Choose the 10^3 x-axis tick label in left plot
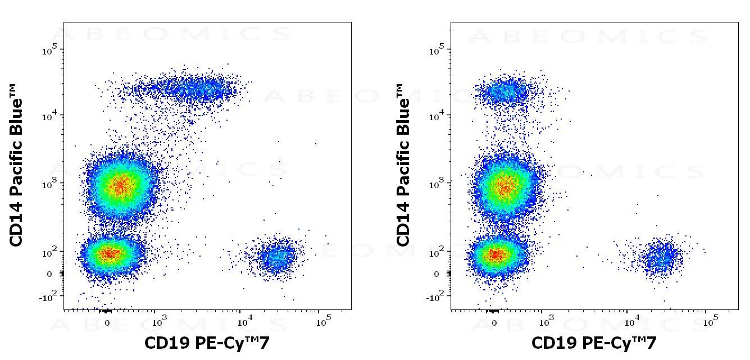159,322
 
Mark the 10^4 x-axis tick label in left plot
244,322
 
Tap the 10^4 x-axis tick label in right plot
631,322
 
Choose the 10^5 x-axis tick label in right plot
710,322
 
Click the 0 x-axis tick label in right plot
494,323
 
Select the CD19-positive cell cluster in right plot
663,258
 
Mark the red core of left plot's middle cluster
119,185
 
